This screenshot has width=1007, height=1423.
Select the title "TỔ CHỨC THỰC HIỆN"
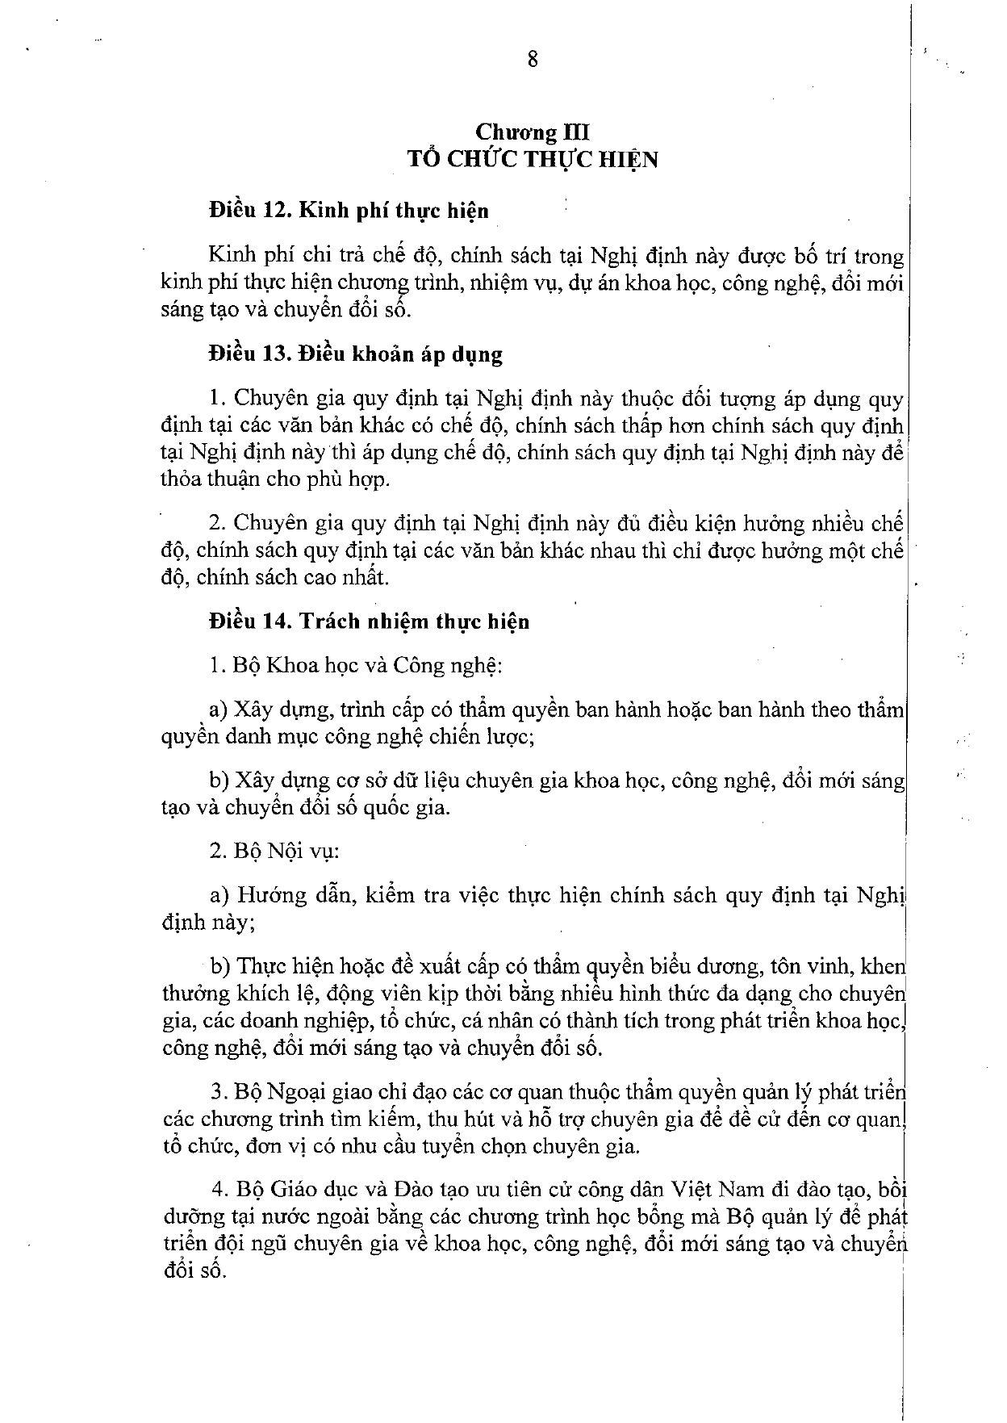click(533, 159)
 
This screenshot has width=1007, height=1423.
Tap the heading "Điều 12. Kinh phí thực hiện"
click(349, 211)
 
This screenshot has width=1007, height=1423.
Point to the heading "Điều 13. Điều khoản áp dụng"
click(355, 354)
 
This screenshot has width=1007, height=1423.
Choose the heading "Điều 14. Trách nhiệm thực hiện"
click(369, 622)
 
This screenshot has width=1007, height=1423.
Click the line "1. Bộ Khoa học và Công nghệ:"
click(356, 666)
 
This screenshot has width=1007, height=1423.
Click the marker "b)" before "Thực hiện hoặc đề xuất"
click(220, 966)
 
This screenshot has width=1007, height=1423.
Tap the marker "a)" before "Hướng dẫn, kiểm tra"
click(219, 896)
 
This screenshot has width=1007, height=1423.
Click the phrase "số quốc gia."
click(384, 807)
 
